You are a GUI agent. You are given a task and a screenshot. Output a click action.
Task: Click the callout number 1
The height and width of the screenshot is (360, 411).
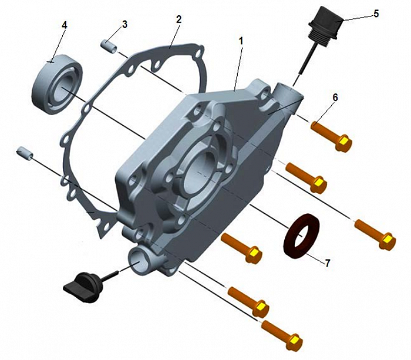point(241,41)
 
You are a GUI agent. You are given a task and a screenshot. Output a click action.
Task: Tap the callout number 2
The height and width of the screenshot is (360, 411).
point(178,19)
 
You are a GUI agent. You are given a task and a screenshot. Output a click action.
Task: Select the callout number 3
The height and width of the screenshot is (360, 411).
point(124,25)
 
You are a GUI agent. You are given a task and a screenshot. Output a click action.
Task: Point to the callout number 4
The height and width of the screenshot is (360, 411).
point(65,25)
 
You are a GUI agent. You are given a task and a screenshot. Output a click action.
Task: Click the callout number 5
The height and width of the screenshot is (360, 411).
point(376,14)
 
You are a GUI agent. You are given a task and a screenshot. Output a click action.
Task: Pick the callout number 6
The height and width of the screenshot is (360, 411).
point(335,97)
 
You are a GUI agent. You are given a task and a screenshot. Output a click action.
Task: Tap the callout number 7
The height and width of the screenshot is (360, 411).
point(327,263)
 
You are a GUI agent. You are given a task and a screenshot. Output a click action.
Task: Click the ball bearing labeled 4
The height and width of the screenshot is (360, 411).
point(57,85)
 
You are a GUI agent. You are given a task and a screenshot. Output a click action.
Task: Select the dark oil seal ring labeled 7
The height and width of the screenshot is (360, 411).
point(302,236)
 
